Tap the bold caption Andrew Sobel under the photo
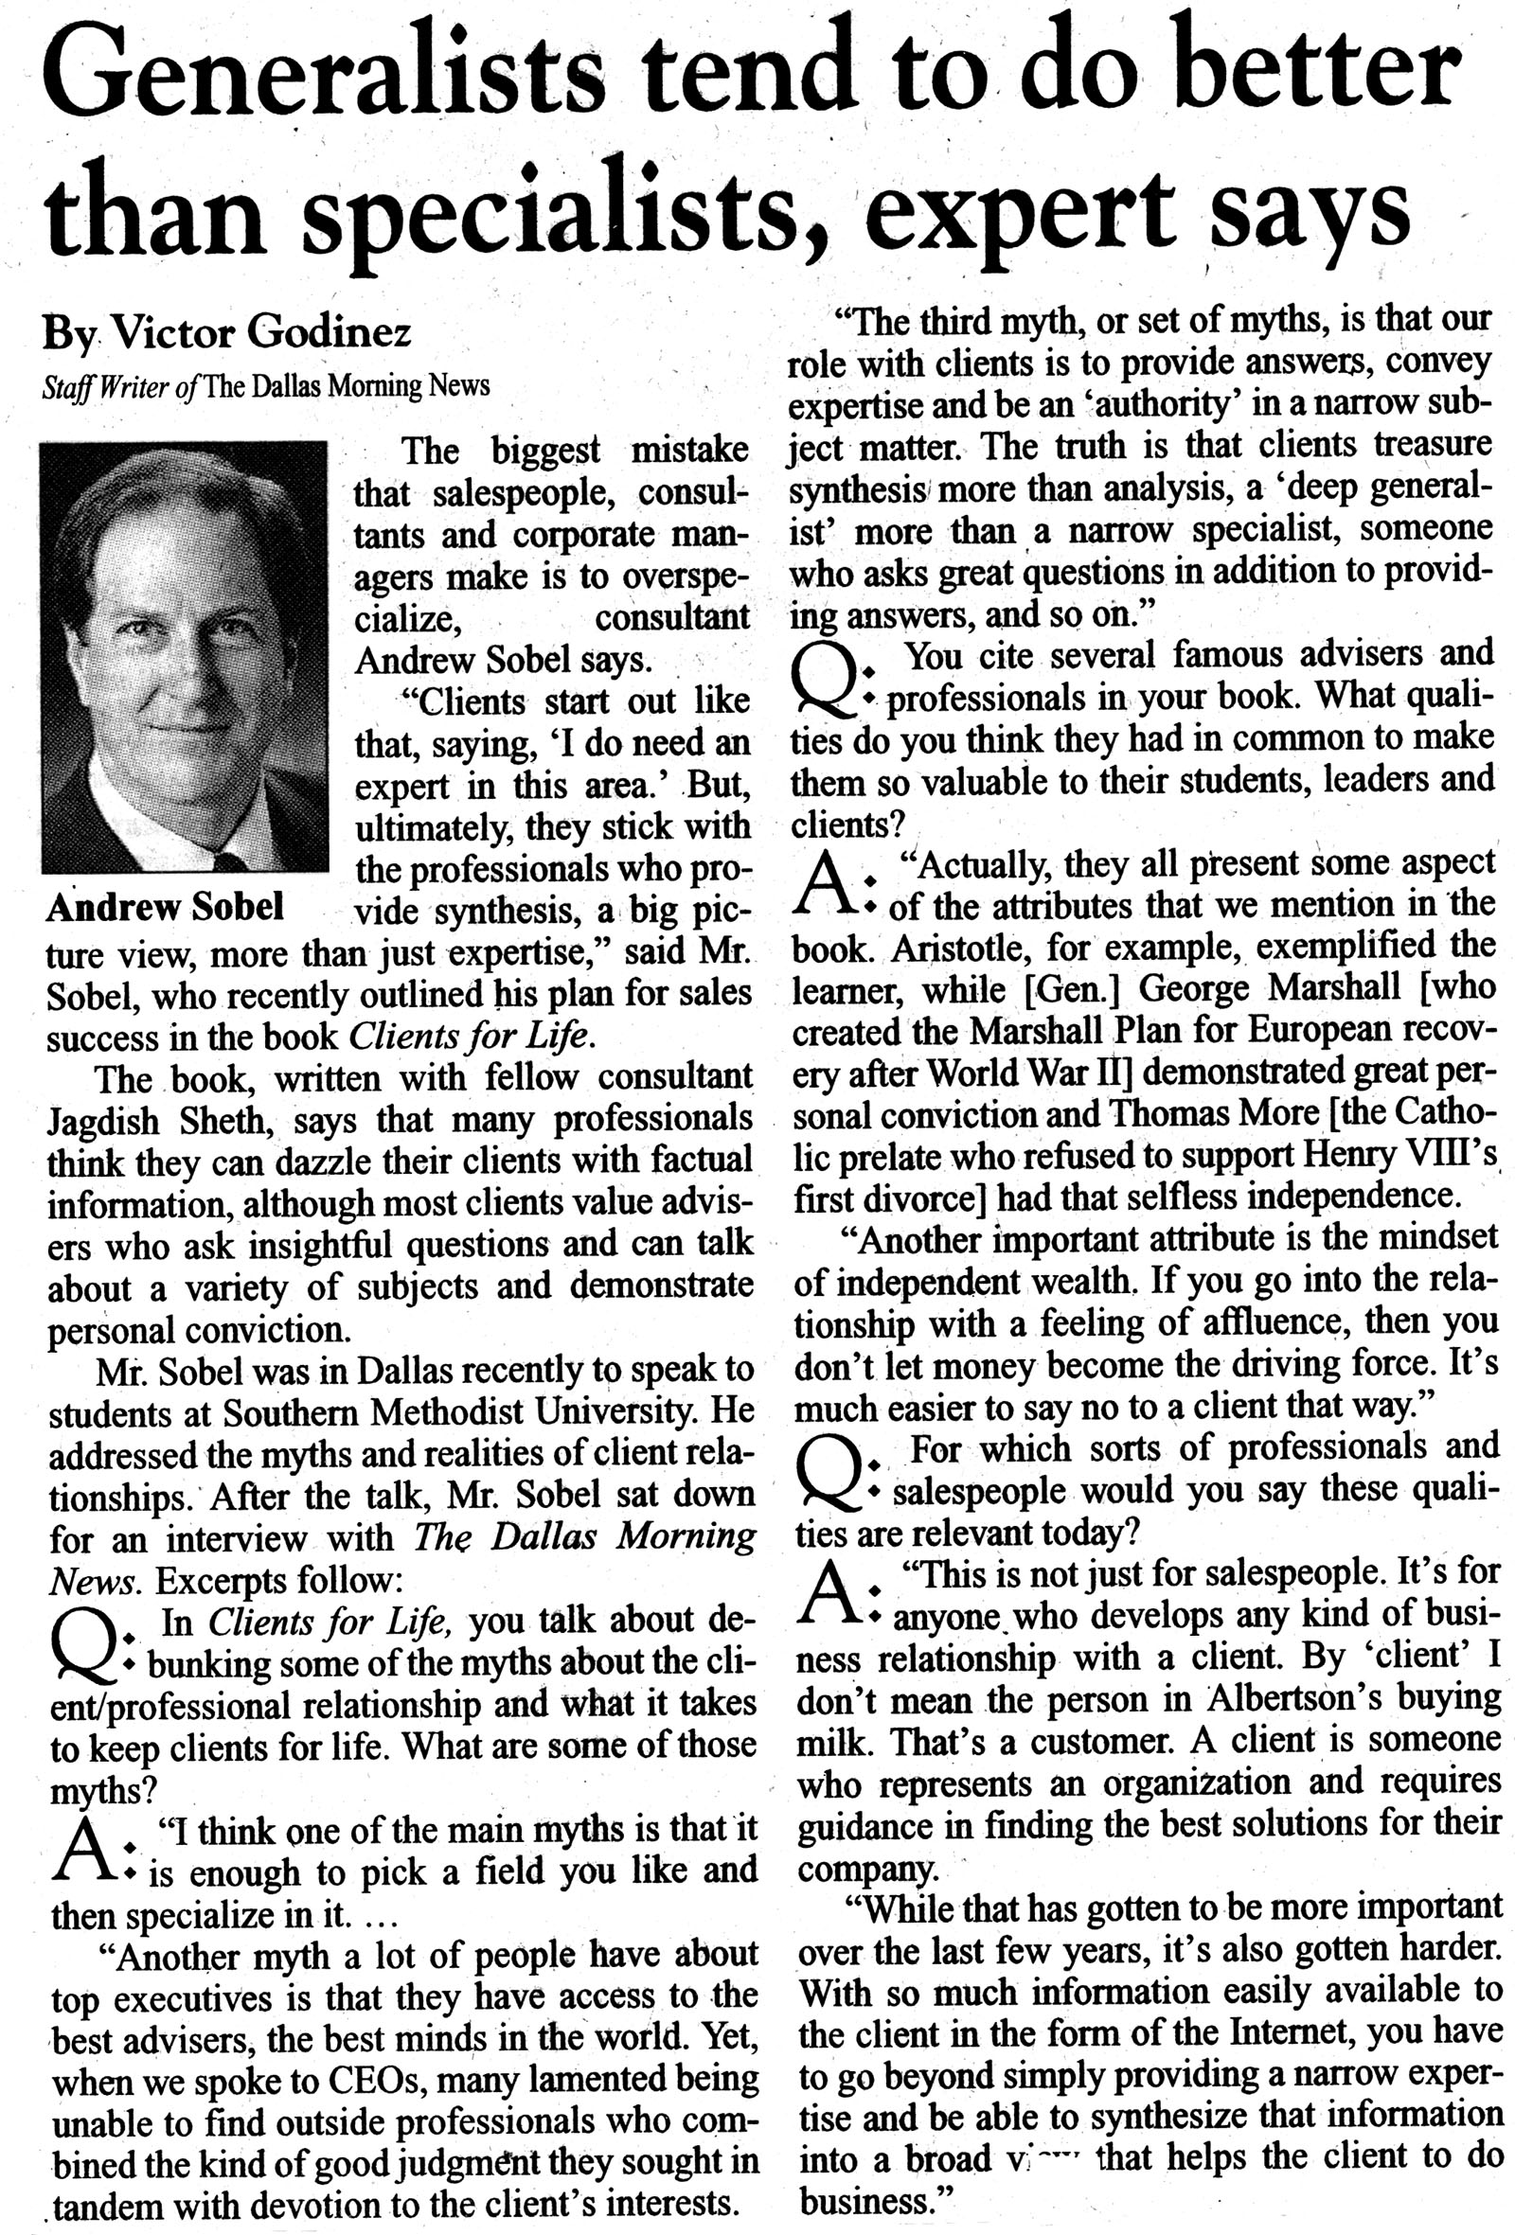[x=165, y=906]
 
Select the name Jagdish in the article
[x=105, y=1122]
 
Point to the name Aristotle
[x=962, y=950]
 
